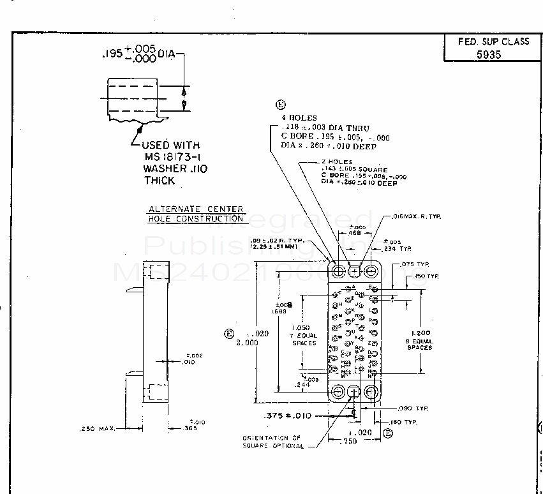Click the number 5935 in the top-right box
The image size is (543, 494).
489,54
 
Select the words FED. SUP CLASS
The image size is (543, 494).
493,41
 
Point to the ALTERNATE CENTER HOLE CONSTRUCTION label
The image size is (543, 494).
196,214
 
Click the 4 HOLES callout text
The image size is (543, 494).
299,118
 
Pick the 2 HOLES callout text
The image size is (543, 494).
338,163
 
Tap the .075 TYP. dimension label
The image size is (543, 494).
415,265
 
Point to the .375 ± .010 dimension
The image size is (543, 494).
287,416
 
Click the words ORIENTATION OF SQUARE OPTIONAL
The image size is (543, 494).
272,442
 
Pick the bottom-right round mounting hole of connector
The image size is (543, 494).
371,390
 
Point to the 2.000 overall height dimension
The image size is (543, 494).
247,342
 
